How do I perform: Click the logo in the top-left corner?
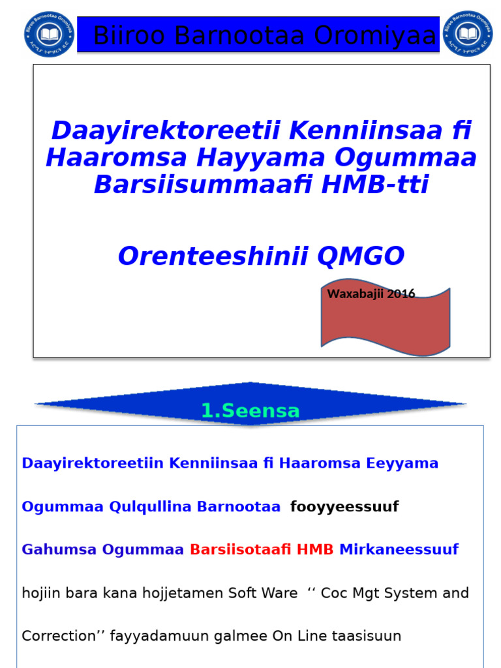pos(50,34)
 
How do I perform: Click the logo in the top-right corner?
pos(468,34)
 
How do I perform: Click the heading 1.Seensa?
pos(250,410)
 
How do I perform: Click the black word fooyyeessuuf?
pos(344,506)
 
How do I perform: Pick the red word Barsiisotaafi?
pos(240,549)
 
